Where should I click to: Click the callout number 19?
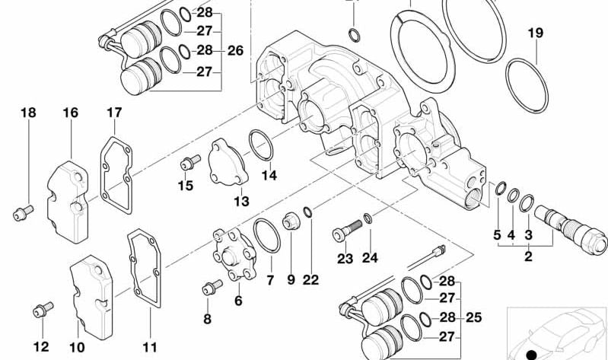[535, 33]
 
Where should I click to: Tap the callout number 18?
[27, 113]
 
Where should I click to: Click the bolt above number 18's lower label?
[23, 212]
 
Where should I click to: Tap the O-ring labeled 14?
[260, 145]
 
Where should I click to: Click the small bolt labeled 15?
[189, 161]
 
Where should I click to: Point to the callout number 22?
[310, 279]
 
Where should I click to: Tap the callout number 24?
[369, 257]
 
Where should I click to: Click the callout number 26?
[235, 51]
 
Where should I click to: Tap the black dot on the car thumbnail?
[531, 353]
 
